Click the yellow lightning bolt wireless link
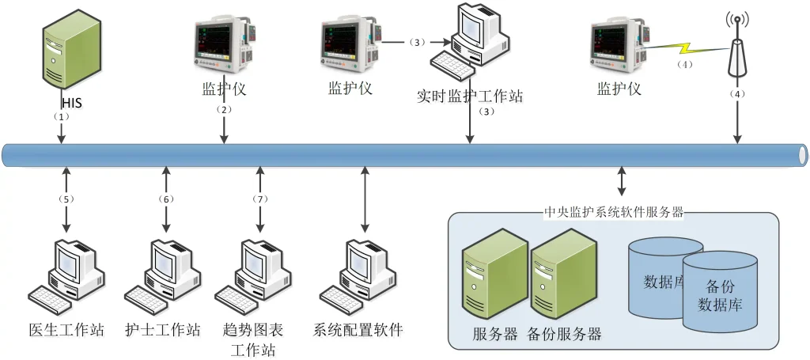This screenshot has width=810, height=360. tap(687, 51)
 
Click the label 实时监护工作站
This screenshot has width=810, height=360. tap(470, 97)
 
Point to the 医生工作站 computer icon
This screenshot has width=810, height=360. tap(66, 274)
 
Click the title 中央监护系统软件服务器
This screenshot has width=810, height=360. tap(614, 213)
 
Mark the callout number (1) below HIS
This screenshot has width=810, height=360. tap(62, 116)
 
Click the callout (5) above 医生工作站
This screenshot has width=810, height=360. tap(66, 199)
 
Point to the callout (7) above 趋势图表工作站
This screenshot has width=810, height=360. tap(259, 199)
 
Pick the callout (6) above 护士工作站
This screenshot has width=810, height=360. tap(165, 199)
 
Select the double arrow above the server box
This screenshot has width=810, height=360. tap(623, 181)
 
